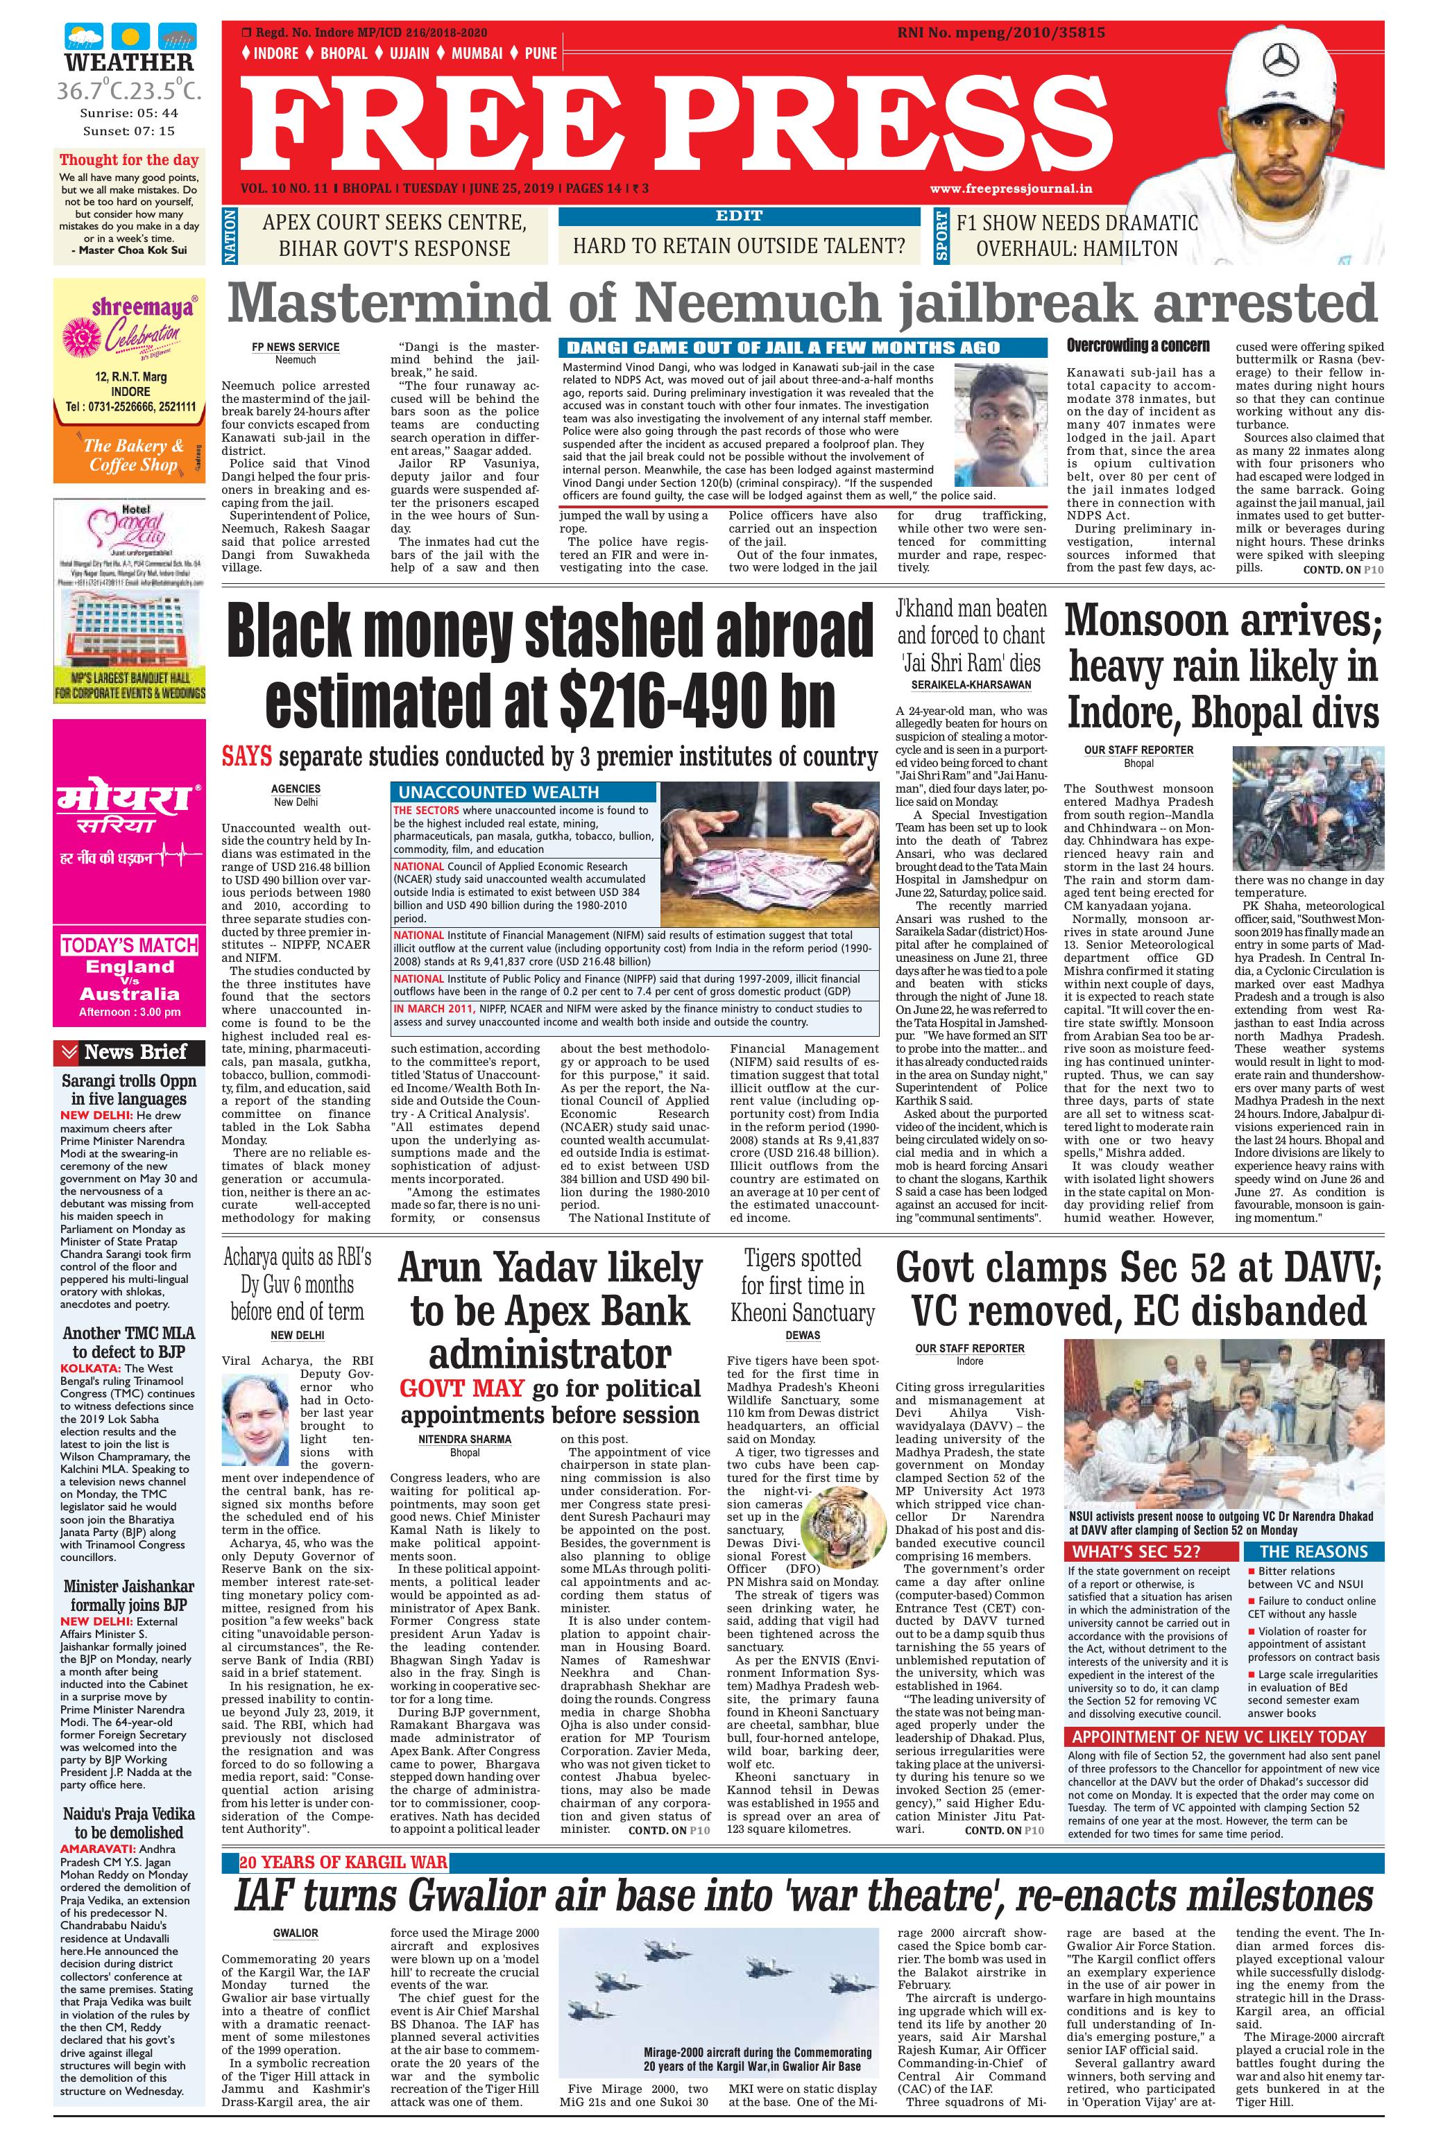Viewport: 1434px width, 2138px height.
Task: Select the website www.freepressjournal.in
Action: click(x=1012, y=189)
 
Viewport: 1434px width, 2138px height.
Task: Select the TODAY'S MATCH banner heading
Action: click(x=130, y=945)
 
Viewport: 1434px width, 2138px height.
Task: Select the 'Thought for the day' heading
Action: click(x=130, y=159)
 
